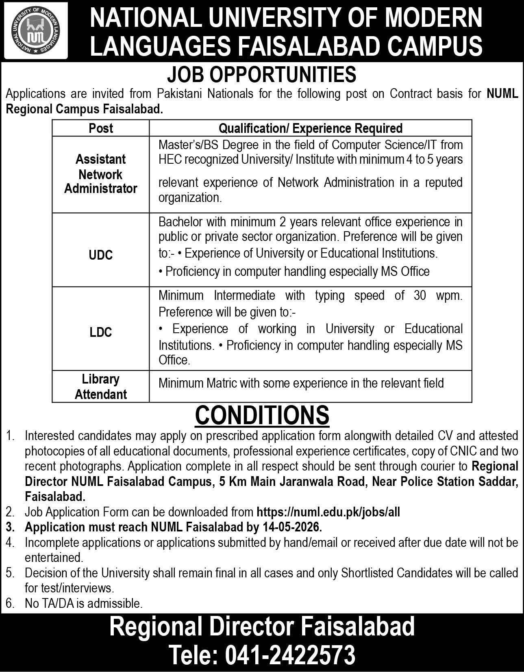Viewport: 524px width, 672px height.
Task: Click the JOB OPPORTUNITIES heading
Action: pyautogui.click(x=262, y=75)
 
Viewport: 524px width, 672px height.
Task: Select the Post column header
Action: pyautogui.click(x=101, y=128)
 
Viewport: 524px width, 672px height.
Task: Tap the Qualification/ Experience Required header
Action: pyautogui.click(x=311, y=128)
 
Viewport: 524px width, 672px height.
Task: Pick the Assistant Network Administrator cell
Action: pyautogui.click(x=101, y=174)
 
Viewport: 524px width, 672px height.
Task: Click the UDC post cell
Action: pyautogui.click(x=101, y=255)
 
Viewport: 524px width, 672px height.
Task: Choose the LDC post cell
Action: pyautogui.click(x=101, y=332)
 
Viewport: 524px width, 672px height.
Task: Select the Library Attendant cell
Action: pyautogui.click(x=101, y=386)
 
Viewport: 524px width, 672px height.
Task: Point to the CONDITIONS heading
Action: pyautogui.click(x=262, y=415)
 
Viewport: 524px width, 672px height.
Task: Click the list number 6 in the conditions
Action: pyautogui.click(x=10, y=603)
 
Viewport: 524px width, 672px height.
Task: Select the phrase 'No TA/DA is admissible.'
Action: pyautogui.click(x=84, y=603)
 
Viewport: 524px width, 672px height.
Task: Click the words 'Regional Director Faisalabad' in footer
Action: pyautogui.click(x=262, y=626)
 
